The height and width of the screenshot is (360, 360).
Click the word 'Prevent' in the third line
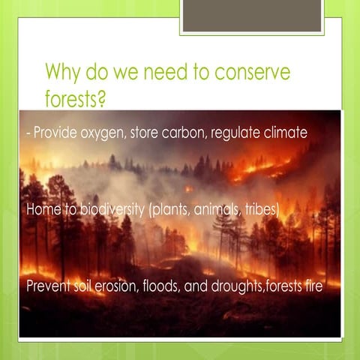coord(49,286)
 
